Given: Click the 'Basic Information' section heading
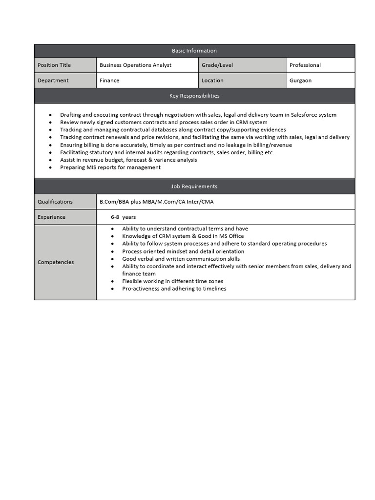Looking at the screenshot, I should (x=194, y=51).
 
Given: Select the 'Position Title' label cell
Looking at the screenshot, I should (x=54, y=65).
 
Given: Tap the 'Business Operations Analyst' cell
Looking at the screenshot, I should (x=135, y=65).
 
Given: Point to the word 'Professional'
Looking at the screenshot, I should (x=305, y=65).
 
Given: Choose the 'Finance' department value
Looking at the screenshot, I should (x=109, y=81).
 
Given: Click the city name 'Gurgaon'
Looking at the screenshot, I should (x=300, y=81).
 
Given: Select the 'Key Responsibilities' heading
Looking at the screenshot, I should (x=194, y=96).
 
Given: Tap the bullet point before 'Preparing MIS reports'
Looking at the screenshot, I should (x=50, y=167).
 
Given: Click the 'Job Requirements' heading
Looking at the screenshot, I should (x=194, y=187).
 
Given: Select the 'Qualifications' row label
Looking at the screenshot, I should (x=55, y=202).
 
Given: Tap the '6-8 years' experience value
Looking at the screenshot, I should (x=123, y=217).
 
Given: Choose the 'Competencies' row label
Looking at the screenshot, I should (x=56, y=262).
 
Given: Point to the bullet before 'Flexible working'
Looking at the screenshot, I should (x=112, y=281).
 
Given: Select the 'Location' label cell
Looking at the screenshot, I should (x=212, y=81).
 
